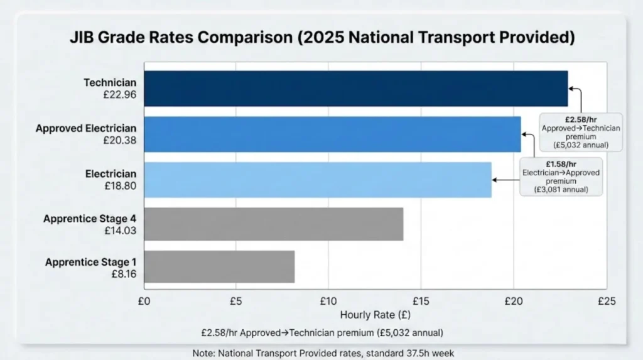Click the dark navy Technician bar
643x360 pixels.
point(355,89)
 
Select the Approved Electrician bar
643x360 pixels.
point(332,134)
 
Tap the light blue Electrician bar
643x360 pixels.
point(317,180)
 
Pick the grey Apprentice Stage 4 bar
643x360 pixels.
point(273,224)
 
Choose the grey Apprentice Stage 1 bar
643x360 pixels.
point(219,267)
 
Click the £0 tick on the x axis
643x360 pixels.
point(144,301)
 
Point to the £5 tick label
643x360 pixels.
point(236,301)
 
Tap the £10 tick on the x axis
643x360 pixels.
point(328,301)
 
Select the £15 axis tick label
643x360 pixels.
point(421,301)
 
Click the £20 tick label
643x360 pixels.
point(514,301)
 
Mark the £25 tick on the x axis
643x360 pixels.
point(605,301)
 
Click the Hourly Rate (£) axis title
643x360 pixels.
point(375,314)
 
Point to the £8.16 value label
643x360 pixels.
point(122,274)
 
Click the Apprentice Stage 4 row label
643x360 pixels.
point(90,218)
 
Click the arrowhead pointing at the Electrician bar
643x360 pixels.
point(495,180)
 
